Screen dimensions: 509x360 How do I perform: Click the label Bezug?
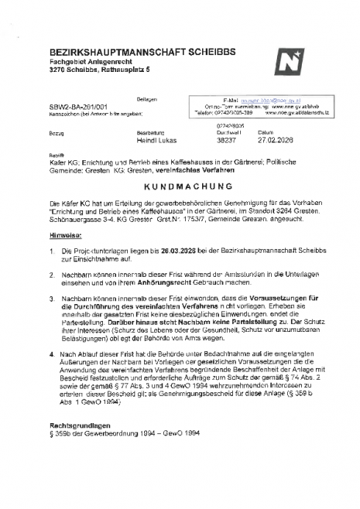click(55, 132)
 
